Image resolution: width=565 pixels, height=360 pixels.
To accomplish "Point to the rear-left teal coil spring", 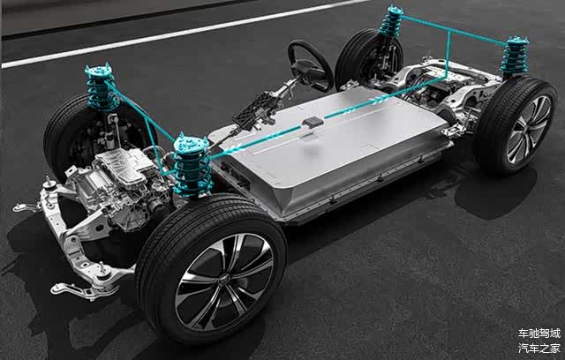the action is click(x=390, y=21).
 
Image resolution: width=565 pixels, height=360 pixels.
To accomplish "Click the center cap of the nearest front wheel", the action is click(x=223, y=280).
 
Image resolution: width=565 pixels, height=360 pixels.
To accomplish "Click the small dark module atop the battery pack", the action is click(x=313, y=123).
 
